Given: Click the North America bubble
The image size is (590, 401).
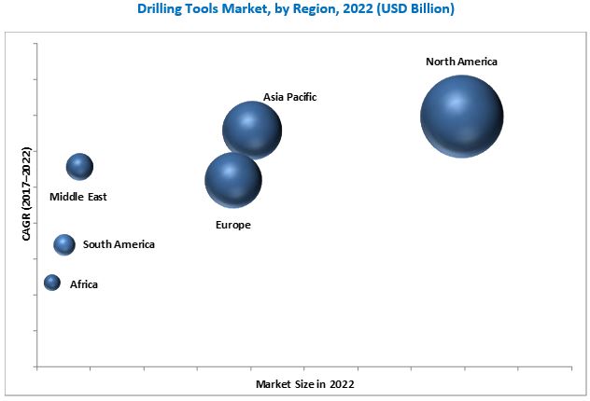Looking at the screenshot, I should click(461, 117).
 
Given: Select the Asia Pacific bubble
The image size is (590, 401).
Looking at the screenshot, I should click(252, 131).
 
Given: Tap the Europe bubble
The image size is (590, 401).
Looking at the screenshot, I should click(233, 180).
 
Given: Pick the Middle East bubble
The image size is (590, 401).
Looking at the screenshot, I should click(80, 167).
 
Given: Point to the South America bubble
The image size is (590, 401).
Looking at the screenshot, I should click(64, 244).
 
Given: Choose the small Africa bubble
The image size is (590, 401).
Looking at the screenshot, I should click(52, 283).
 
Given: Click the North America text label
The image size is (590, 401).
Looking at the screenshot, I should click(461, 62).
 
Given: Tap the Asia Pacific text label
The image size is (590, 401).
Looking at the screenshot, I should click(290, 96).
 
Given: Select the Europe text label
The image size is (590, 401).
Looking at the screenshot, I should click(233, 225).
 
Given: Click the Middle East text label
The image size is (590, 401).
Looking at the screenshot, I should click(78, 197).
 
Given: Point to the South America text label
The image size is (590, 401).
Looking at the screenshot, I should click(119, 244).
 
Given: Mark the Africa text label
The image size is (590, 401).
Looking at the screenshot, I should click(83, 283).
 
